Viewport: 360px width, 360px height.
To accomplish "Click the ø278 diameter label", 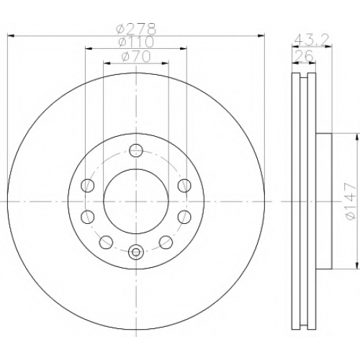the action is tap(136, 29).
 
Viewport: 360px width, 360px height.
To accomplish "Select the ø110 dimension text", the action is tap(136, 42).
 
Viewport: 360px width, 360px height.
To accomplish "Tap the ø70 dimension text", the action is tap(136, 57).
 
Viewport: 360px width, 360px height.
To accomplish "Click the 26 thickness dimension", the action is tap(303, 55).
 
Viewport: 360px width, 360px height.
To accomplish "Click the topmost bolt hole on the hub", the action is tap(136, 150).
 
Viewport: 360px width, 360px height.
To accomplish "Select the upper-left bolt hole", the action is tap(88, 185).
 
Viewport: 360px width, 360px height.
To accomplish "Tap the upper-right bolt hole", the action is tap(184, 185).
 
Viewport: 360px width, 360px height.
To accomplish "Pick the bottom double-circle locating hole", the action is tap(136, 252).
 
